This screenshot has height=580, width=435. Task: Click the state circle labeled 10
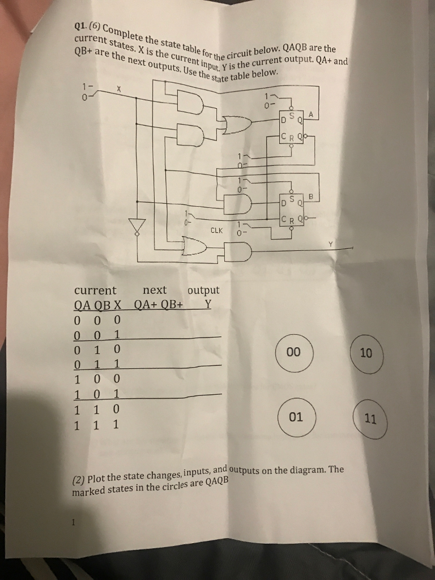click(x=366, y=353)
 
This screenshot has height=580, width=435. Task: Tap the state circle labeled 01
click(x=296, y=417)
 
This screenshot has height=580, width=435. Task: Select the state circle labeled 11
click(x=370, y=420)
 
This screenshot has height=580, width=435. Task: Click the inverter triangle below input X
click(x=136, y=226)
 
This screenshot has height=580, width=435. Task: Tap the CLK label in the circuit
click(x=216, y=231)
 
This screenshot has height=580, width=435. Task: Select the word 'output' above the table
click(x=203, y=291)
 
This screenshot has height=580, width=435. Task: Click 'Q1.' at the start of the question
click(x=83, y=25)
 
